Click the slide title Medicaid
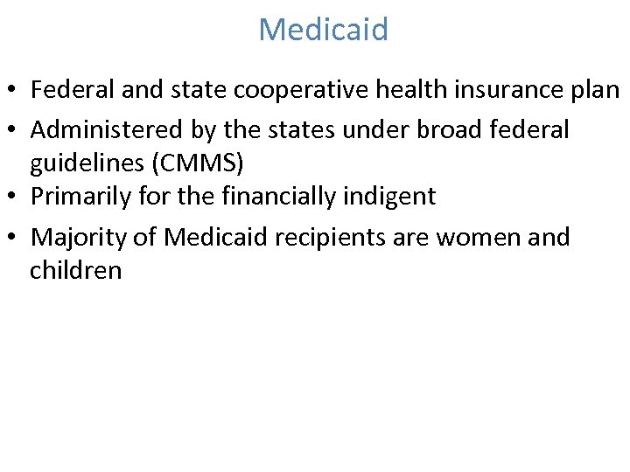tap(323, 30)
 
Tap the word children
tap(76, 270)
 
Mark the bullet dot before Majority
tap(16, 238)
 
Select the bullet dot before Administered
tap(16, 131)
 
